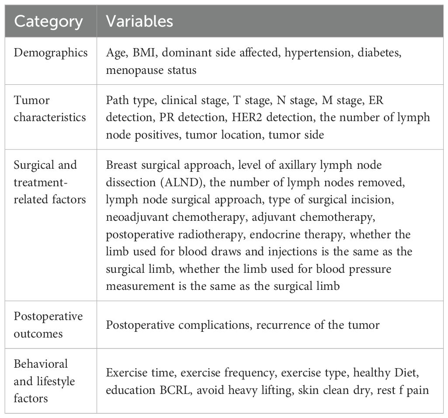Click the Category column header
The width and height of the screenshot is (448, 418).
49,21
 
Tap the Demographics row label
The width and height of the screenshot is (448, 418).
51,52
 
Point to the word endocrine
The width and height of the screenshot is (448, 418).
267,235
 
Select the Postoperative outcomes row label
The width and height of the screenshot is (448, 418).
48,325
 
